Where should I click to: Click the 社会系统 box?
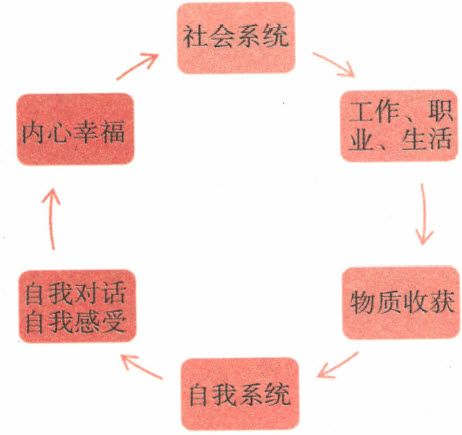[236, 38]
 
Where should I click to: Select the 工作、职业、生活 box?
[399, 126]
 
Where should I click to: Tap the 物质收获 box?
[402, 303]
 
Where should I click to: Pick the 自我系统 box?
[240, 394]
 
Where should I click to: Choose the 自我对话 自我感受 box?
[77, 306]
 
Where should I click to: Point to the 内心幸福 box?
[75, 129]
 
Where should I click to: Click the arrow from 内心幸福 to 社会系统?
[137, 66]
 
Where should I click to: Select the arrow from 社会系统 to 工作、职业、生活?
[333, 64]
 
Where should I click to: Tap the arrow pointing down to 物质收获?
[424, 214]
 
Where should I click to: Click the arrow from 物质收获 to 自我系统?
[338, 365]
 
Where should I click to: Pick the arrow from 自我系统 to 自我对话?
[142, 367]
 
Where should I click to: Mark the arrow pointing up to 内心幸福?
[51, 218]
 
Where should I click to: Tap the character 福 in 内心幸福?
[113, 132]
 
